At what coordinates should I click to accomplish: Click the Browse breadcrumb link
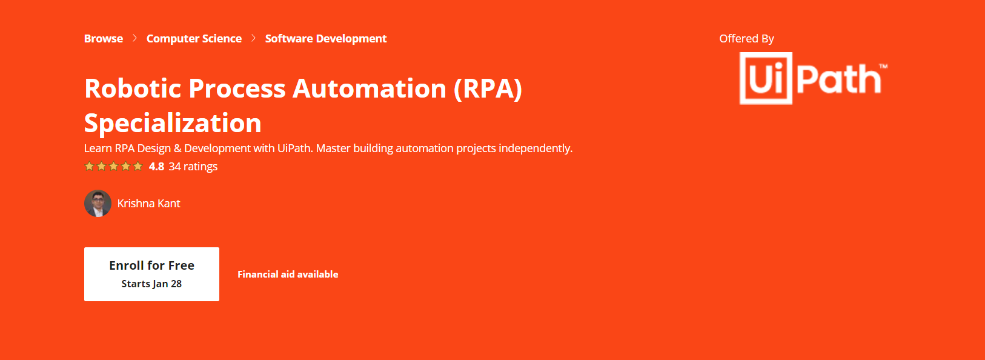tap(104, 39)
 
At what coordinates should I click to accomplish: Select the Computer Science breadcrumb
tap(194, 39)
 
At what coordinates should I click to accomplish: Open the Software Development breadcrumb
tap(326, 39)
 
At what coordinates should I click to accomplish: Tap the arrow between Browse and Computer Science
tap(135, 38)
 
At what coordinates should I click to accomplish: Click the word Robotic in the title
tap(133, 88)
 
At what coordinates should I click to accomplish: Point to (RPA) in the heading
tap(488, 89)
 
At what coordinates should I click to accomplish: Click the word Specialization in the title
tap(173, 123)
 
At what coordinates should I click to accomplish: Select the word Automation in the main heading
tap(370, 88)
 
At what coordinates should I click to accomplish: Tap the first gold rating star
tap(89, 166)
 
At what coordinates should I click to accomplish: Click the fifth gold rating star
tap(138, 166)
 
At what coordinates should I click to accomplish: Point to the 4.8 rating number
tap(156, 167)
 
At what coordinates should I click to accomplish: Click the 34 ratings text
tap(193, 167)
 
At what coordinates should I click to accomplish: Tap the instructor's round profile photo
tap(98, 203)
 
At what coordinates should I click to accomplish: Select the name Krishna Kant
tap(148, 203)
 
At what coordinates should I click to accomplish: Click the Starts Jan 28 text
tap(151, 284)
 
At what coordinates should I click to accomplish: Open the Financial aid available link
tap(288, 274)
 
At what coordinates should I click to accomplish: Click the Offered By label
tap(747, 39)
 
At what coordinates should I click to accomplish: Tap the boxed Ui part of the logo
tap(766, 78)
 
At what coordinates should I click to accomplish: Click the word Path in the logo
tap(839, 79)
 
